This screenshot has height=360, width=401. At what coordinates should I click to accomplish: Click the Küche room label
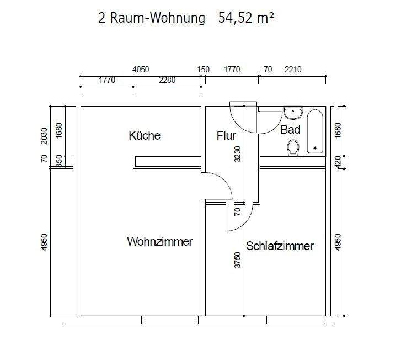coord(145,136)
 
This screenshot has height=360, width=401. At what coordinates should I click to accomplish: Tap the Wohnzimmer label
coord(159,242)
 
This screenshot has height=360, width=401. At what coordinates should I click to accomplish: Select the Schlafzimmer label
coord(280,246)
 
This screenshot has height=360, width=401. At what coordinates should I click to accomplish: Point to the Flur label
coord(226,136)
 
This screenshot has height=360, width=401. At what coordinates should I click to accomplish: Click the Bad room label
coord(290,130)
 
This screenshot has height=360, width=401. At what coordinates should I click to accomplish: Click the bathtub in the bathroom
coord(316,132)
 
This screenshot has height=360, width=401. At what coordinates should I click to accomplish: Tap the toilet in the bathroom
coord(293,147)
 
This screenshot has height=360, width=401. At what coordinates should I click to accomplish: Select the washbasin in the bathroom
coord(292,113)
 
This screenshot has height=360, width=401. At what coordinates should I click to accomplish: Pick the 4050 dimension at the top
coord(141,70)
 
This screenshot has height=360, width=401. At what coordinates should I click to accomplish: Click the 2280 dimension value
coord(167,80)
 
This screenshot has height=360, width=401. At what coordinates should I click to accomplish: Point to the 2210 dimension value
coord(293,70)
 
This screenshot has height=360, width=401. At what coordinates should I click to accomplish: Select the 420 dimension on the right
coord(338,161)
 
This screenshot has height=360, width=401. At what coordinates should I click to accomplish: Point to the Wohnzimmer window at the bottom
coord(170,319)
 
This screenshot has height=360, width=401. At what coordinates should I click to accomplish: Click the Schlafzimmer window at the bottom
coord(295,319)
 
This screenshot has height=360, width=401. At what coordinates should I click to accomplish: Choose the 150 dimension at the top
coord(204,70)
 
